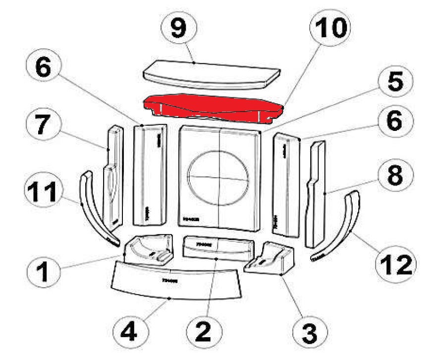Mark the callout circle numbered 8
394,176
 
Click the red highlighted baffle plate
213,106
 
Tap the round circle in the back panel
219,177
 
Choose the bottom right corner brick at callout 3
270,258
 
